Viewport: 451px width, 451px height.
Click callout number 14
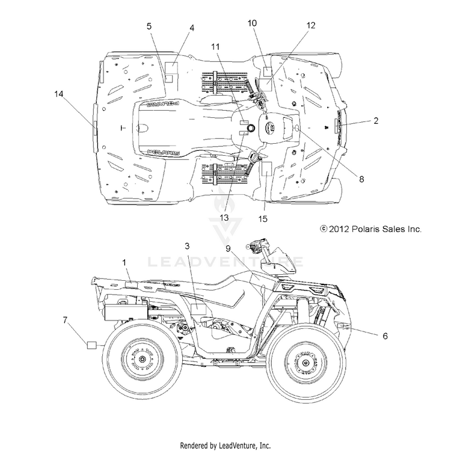click(59, 94)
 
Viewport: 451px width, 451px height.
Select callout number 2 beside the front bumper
click(376, 121)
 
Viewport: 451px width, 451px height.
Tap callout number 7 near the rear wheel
click(66, 320)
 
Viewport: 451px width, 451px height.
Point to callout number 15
click(263, 219)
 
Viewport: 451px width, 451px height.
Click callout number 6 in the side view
click(385, 336)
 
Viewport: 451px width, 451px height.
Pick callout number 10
click(252, 23)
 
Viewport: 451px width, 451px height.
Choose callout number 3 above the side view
click(187, 246)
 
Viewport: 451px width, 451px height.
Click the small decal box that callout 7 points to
click(92, 345)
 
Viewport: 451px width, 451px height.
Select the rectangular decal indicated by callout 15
click(266, 168)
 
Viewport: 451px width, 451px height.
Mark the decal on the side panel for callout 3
click(198, 309)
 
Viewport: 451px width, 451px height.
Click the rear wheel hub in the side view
click(142, 359)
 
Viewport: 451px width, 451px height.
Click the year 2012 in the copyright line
click(339, 229)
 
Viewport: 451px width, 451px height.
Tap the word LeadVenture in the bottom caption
click(237, 445)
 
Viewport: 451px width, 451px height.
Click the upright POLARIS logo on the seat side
click(164, 152)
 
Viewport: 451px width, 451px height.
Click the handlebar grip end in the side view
click(248, 247)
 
